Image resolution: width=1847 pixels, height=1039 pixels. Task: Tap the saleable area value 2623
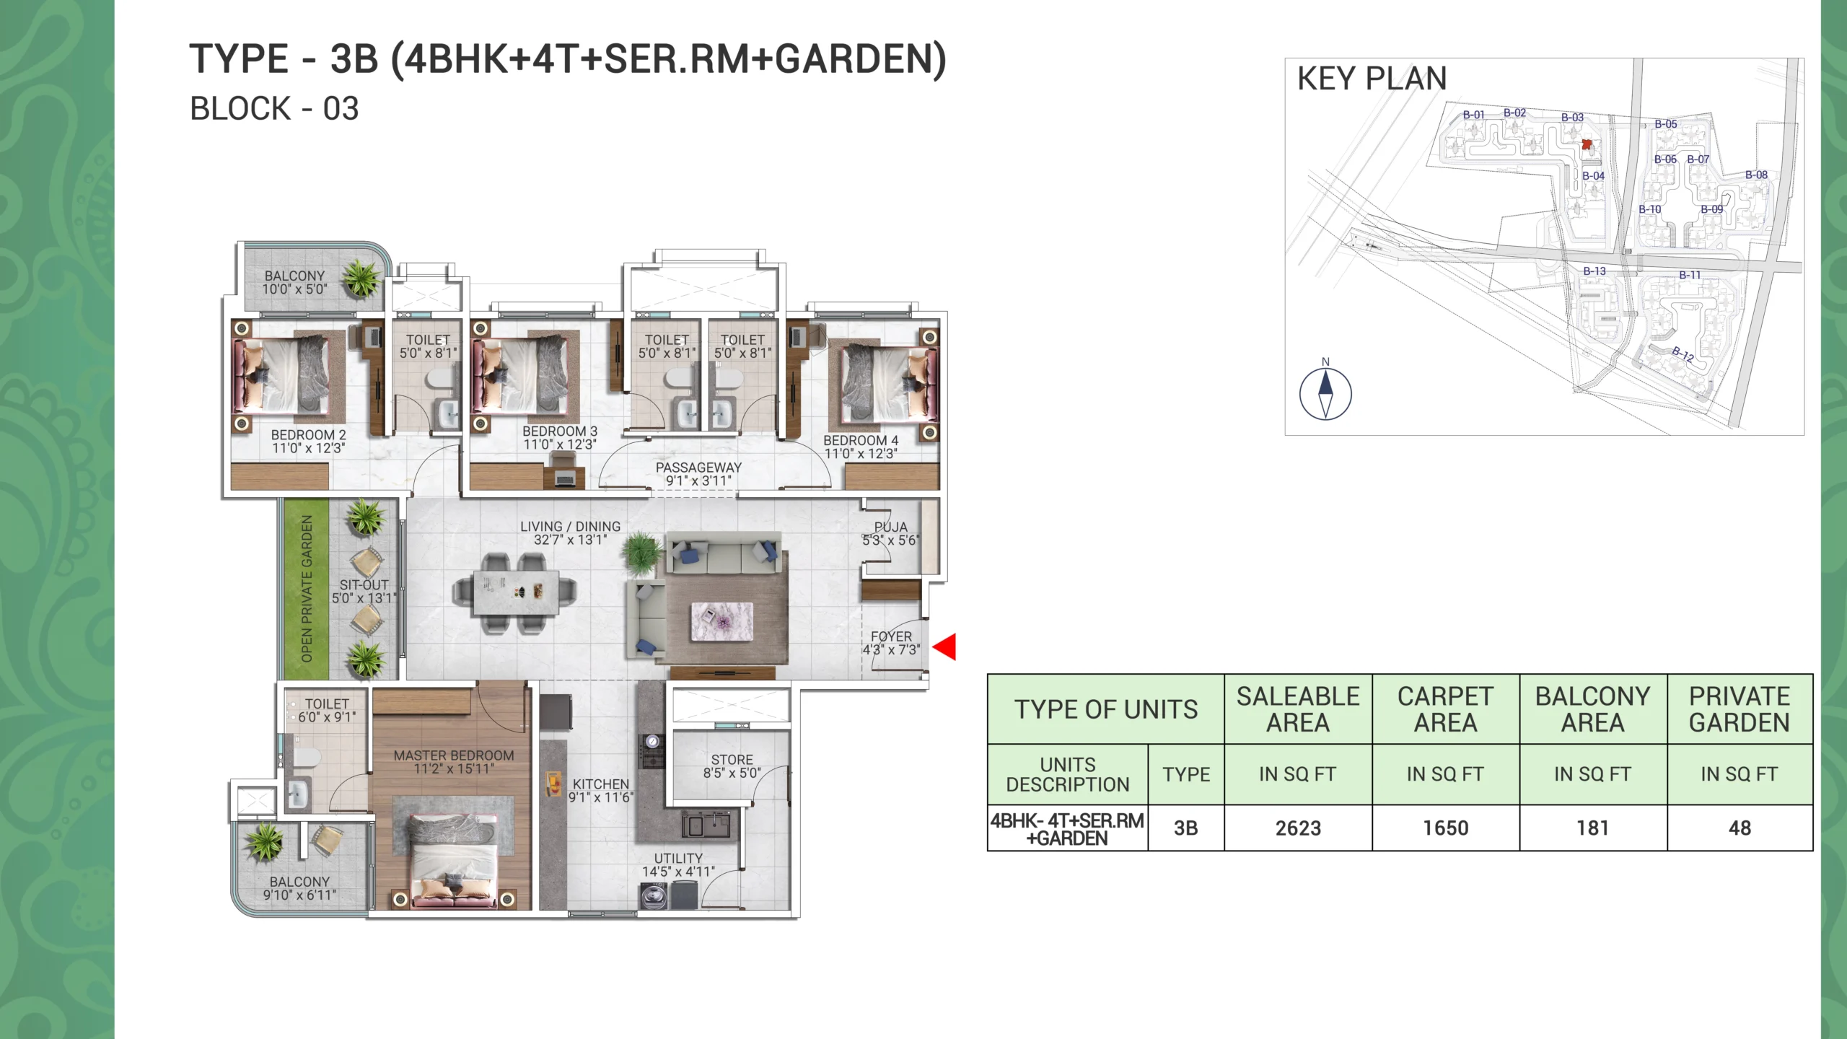click(1298, 828)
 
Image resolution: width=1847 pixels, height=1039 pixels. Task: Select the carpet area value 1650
click(1445, 828)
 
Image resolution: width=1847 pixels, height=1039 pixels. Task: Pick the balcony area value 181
click(1592, 828)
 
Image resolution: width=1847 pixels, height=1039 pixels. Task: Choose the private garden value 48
click(1739, 828)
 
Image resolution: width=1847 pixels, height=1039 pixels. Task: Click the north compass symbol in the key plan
click(1325, 393)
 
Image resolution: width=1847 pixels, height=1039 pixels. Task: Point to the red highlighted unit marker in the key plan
click(1587, 144)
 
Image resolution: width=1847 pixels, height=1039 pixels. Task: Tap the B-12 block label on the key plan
click(1683, 354)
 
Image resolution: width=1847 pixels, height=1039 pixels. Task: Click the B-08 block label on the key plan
click(1756, 175)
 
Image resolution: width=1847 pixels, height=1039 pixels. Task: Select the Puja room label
click(891, 527)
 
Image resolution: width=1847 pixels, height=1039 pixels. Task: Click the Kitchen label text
click(601, 784)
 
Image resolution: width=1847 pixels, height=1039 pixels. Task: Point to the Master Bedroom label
click(454, 755)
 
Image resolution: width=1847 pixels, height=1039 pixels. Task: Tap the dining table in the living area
click(516, 592)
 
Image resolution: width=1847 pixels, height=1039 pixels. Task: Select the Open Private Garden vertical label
click(307, 589)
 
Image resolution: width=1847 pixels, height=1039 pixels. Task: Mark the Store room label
click(732, 760)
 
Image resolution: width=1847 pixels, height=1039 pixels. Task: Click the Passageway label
click(698, 468)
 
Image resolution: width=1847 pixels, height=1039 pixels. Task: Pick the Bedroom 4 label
click(861, 440)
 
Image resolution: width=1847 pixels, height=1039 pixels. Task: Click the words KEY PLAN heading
click(1372, 79)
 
